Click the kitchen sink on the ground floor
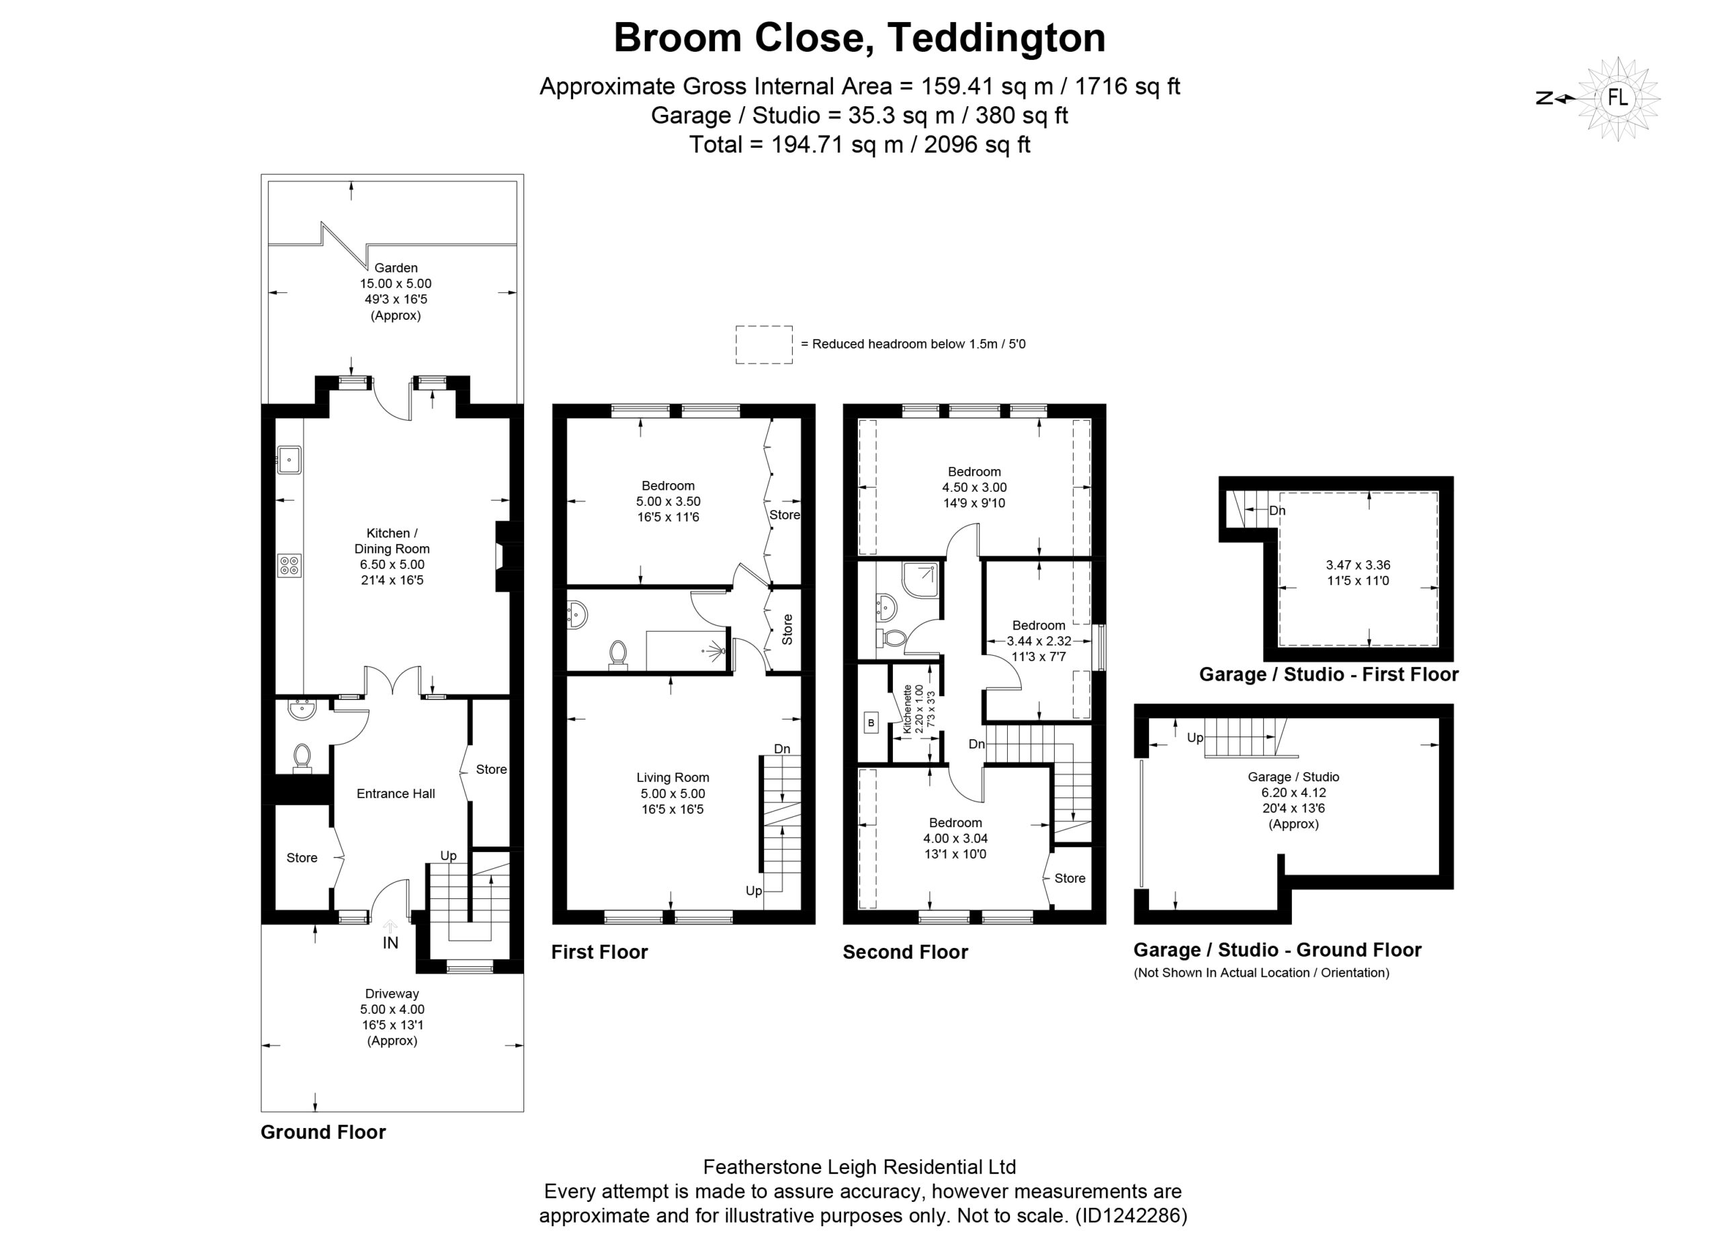coord(290,460)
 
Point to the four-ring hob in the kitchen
coord(290,565)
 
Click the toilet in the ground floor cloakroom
coord(302,758)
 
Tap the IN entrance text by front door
coord(390,943)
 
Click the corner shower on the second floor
coord(920,579)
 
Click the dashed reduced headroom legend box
coord(764,345)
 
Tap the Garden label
coord(396,267)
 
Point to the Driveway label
coord(392,993)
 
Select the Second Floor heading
coord(906,952)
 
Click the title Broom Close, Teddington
coord(859,37)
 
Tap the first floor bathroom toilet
coord(618,655)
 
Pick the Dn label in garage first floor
coord(1277,510)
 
